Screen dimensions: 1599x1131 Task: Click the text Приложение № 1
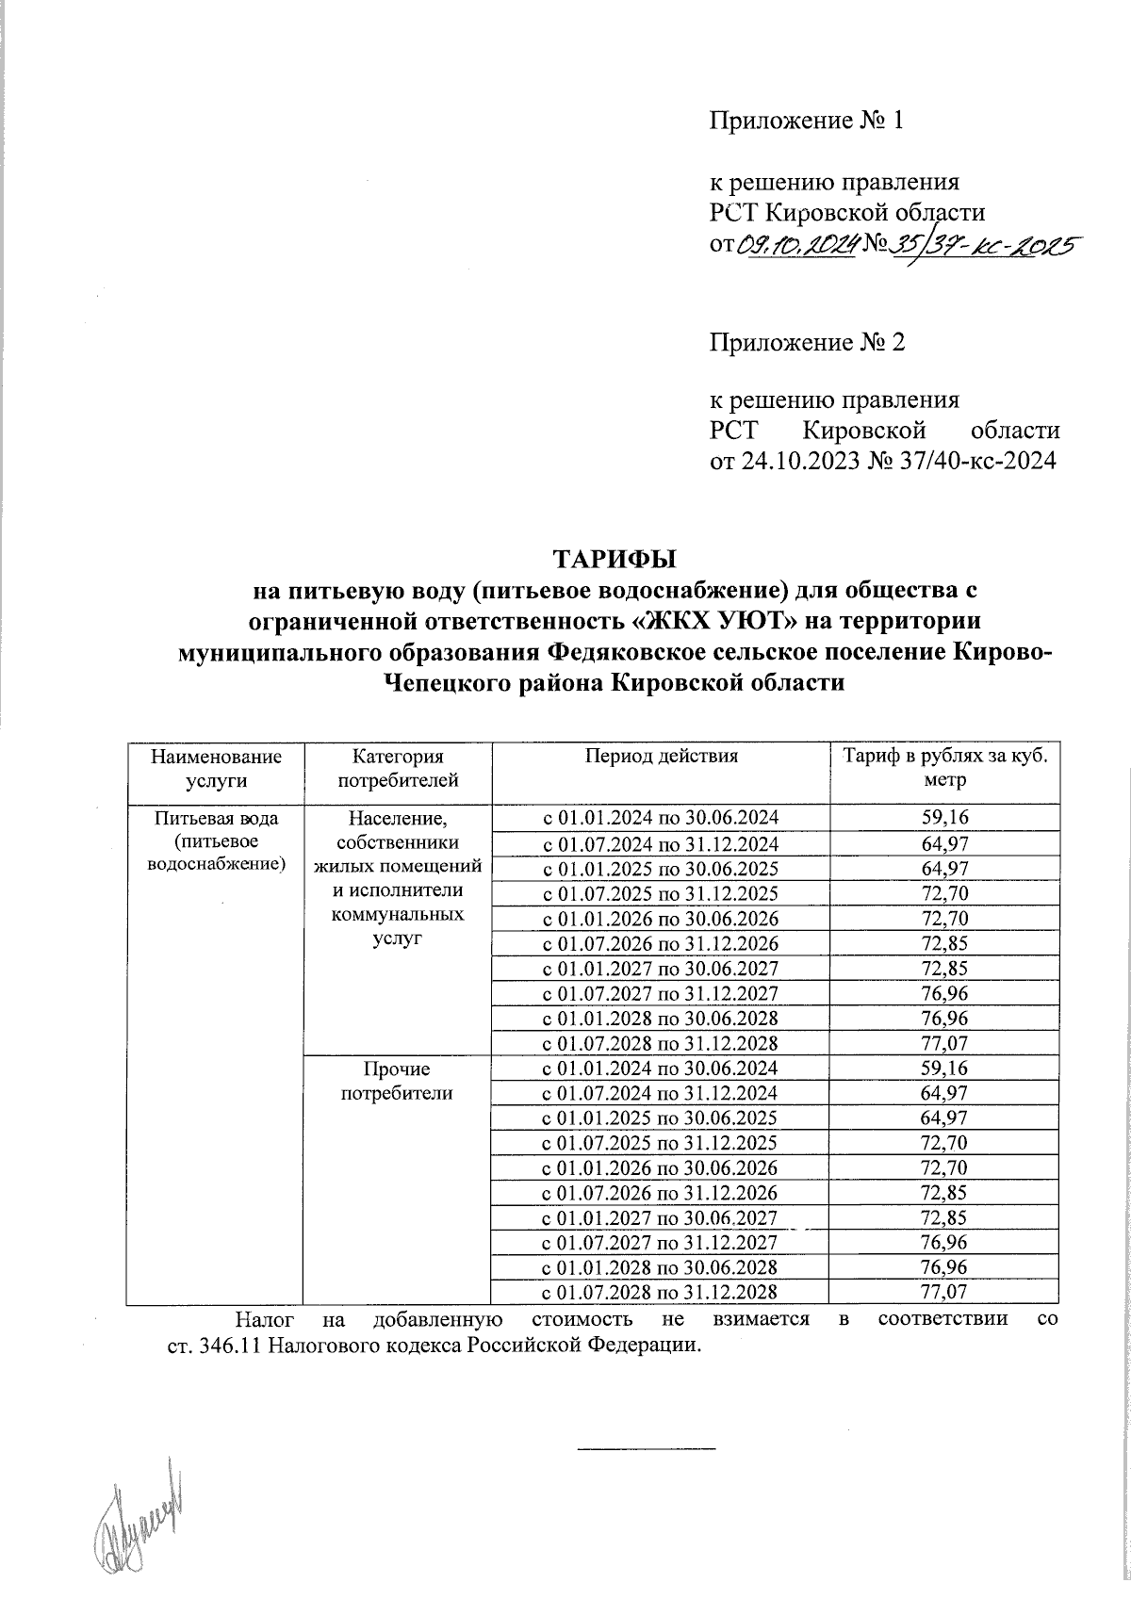point(806,121)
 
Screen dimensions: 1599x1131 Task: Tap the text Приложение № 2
point(806,342)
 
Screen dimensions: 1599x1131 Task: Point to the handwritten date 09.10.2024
point(796,247)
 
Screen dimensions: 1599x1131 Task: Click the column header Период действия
point(660,756)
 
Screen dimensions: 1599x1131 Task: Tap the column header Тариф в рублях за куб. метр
point(944,768)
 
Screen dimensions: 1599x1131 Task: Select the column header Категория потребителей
point(397,768)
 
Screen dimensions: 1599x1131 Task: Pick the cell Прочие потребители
point(397,1082)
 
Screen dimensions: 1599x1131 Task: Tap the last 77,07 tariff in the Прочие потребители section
point(944,1292)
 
